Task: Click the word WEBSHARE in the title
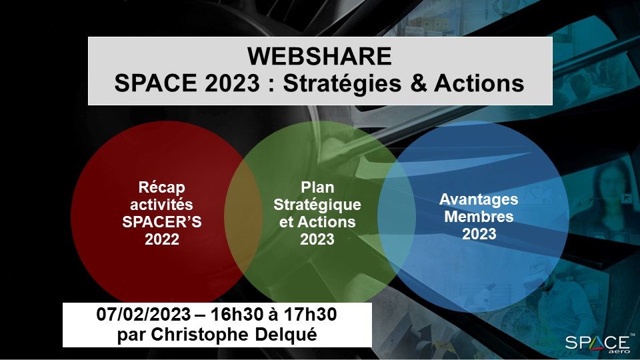pyautogui.click(x=319, y=56)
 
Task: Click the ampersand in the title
pyautogui.click(x=419, y=83)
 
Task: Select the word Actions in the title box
pyautogui.click(x=479, y=83)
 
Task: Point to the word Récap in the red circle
pyautogui.click(x=161, y=188)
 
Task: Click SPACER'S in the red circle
pyautogui.click(x=161, y=222)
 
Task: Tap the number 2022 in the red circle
pyautogui.click(x=161, y=239)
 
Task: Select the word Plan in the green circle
pyautogui.click(x=317, y=187)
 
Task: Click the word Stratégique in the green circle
pyautogui.click(x=317, y=205)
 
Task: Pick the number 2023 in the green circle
pyautogui.click(x=317, y=239)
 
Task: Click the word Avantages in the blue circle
pyautogui.click(x=479, y=200)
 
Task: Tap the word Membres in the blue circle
pyautogui.click(x=479, y=216)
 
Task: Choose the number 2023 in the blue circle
pyautogui.click(x=479, y=234)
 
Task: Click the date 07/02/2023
pyautogui.click(x=143, y=315)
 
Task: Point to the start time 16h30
pyautogui.click(x=237, y=315)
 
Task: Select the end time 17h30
pyautogui.click(x=310, y=315)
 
